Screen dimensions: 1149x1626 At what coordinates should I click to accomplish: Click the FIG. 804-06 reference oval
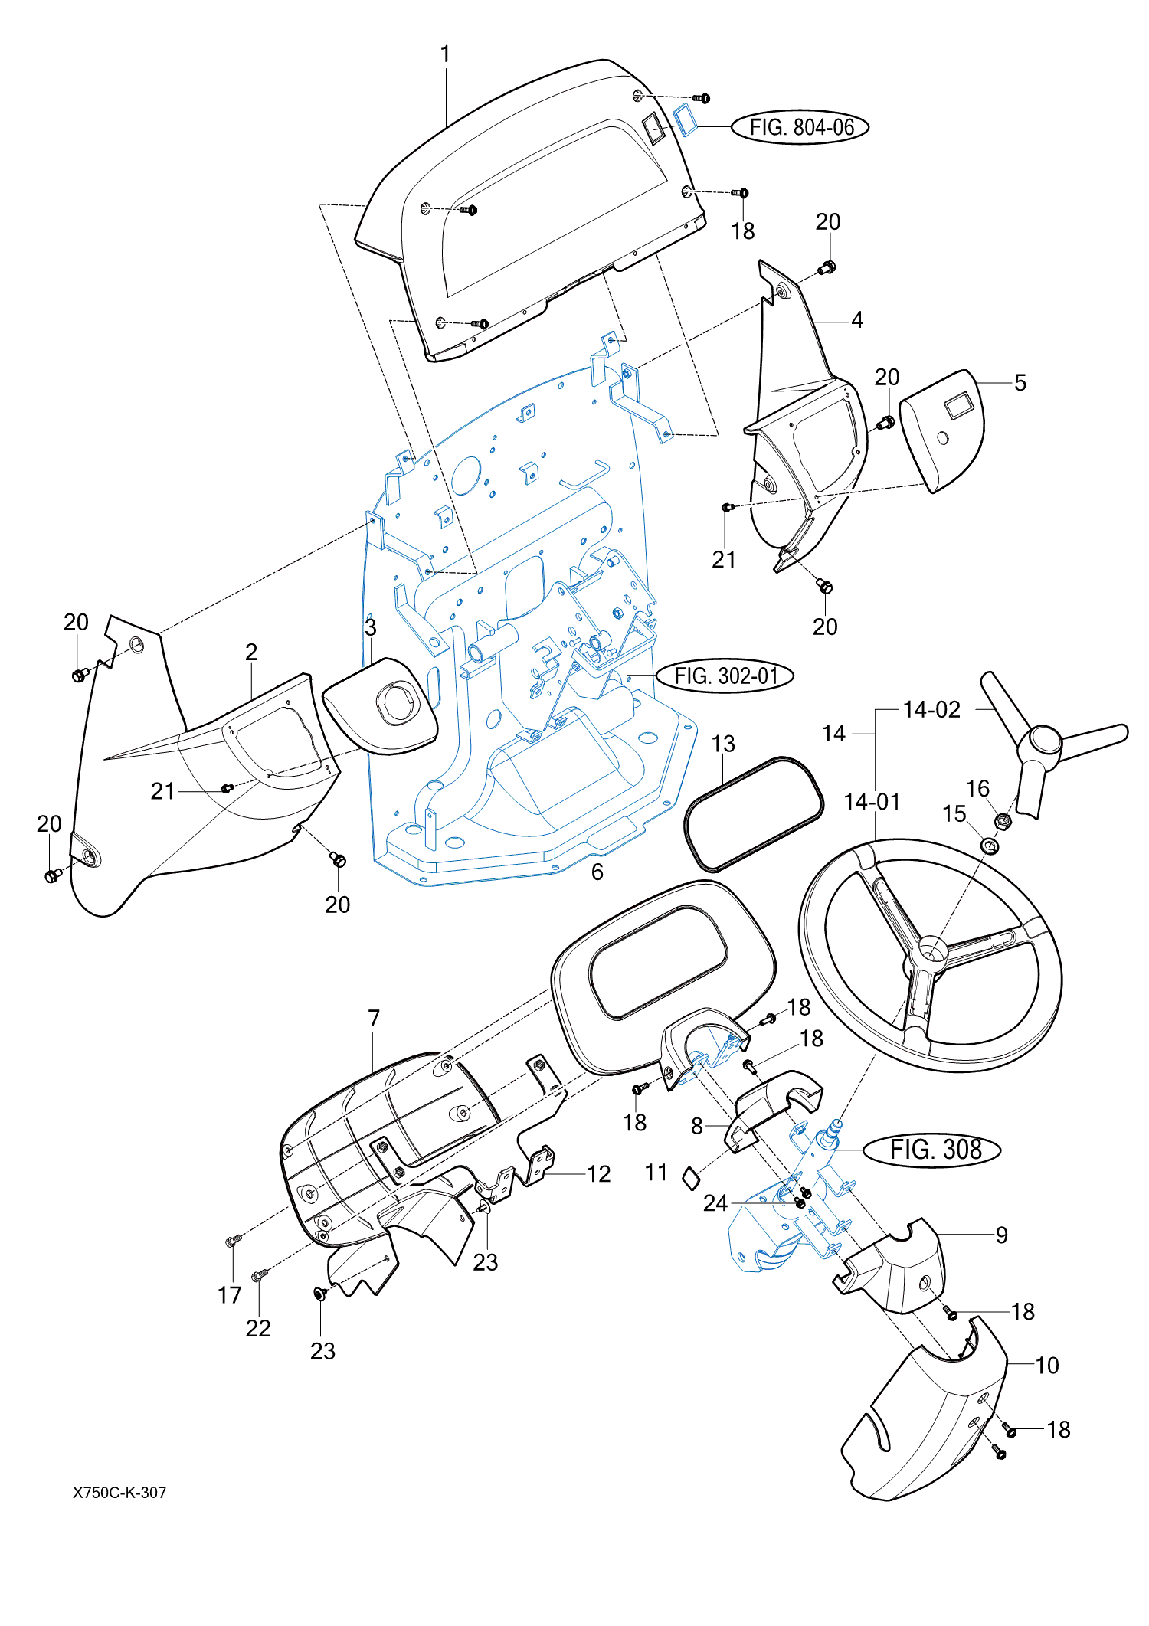pyautogui.click(x=800, y=127)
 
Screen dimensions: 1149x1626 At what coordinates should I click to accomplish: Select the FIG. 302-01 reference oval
pyautogui.click(x=725, y=676)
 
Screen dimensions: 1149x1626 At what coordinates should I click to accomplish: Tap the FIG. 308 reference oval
pyautogui.click(x=932, y=1150)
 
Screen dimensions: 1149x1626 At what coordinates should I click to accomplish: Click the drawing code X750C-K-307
pyautogui.click(x=119, y=1492)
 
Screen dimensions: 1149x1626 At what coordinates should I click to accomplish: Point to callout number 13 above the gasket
pyautogui.click(x=723, y=744)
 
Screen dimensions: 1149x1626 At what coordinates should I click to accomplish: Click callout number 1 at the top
pyautogui.click(x=445, y=54)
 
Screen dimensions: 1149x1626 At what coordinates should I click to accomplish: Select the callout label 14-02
pyautogui.click(x=931, y=709)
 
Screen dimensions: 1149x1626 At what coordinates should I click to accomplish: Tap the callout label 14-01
pyautogui.click(x=872, y=801)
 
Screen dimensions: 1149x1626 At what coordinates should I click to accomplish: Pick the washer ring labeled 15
pyautogui.click(x=990, y=846)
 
